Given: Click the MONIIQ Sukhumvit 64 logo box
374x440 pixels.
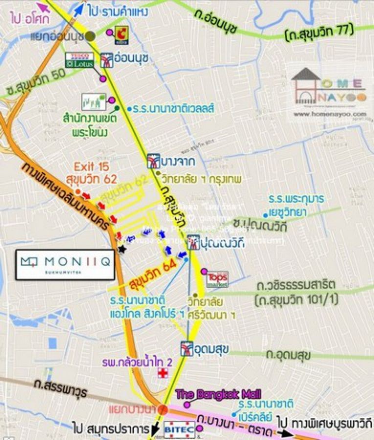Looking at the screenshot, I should pyautogui.click(x=65, y=264).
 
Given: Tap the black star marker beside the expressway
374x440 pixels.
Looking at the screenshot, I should pyautogui.click(x=121, y=250).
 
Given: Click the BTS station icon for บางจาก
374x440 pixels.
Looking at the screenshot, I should pyautogui.click(x=153, y=160).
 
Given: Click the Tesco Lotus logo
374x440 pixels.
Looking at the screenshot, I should pyautogui.click(x=79, y=60).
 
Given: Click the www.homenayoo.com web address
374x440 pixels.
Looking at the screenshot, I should pyautogui.click(x=330, y=114).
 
